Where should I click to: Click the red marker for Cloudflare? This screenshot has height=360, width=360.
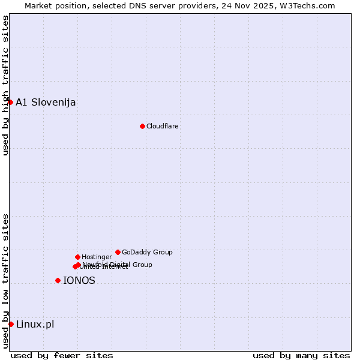(142, 126)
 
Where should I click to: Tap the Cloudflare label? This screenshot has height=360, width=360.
(163, 126)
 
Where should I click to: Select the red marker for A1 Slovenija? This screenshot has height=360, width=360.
(10, 102)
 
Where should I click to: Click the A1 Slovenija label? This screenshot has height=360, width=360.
(46, 102)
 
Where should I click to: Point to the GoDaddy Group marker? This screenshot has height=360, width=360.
(118, 252)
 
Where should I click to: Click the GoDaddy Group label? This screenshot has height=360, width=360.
(147, 252)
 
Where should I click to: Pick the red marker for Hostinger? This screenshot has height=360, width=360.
(77, 257)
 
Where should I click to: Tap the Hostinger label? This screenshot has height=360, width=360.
(97, 257)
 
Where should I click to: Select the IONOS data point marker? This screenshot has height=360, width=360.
(58, 280)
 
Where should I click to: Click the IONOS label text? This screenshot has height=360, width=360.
(79, 280)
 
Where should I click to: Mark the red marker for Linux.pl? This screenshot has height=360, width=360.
(11, 324)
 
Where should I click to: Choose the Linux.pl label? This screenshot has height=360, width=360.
(35, 325)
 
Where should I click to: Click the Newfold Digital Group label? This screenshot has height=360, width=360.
(118, 265)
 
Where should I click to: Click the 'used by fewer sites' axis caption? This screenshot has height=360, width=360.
(62, 355)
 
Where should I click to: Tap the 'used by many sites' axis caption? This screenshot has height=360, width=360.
(301, 355)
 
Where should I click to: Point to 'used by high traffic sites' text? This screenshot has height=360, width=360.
(5, 85)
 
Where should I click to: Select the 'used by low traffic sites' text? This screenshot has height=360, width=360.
(5, 281)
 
